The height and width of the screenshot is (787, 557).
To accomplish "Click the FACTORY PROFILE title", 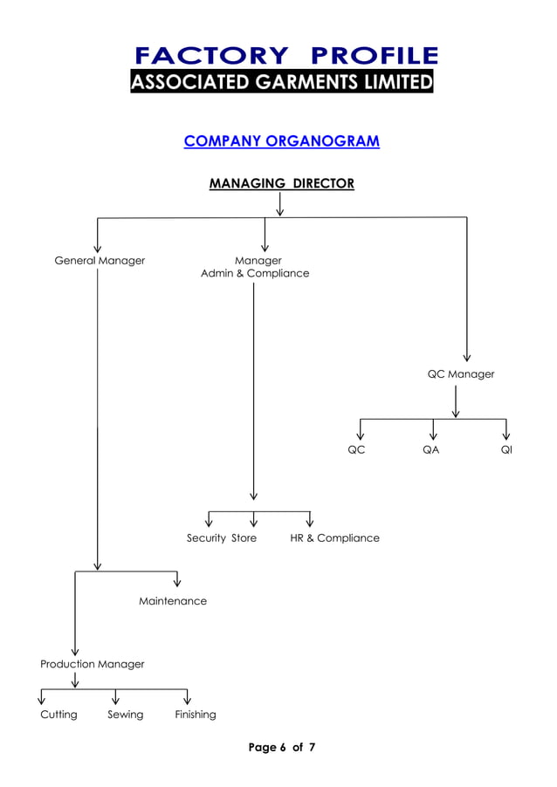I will pyautogui.click(x=285, y=57).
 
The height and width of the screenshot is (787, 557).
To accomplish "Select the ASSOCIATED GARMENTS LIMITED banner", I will pyautogui.click(x=282, y=83).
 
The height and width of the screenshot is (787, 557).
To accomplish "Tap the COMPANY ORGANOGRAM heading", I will pyautogui.click(x=281, y=141).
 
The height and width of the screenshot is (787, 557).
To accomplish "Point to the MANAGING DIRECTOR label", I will pyautogui.click(x=281, y=183).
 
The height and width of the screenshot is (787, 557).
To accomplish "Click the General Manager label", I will pyautogui.click(x=100, y=261).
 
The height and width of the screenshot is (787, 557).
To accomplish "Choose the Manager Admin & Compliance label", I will pyautogui.click(x=255, y=267).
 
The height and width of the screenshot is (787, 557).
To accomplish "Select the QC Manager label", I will pyautogui.click(x=460, y=374).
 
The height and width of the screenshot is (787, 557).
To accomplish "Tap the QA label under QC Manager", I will pyautogui.click(x=430, y=450).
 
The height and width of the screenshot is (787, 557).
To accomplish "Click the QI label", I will pyautogui.click(x=506, y=450).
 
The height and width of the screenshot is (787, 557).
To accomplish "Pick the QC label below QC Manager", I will pyautogui.click(x=356, y=450).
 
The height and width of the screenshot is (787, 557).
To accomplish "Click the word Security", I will pyautogui.click(x=206, y=538).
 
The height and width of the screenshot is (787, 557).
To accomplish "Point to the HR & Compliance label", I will pyautogui.click(x=334, y=538).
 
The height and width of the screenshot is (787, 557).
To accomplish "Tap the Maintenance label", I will pyautogui.click(x=173, y=601).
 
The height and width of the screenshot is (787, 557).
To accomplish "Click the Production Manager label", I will pyautogui.click(x=93, y=664).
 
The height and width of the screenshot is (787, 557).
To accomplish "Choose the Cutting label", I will pyautogui.click(x=58, y=715).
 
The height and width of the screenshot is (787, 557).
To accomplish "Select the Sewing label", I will pyautogui.click(x=125, y=715).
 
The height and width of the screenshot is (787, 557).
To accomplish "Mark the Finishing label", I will pyautogui.click(x=195, y=715).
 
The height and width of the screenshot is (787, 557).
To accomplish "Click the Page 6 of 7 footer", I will pyautogui.click(x=281, y=748).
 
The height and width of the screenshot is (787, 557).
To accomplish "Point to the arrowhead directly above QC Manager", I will pyautogui.click(x=467, y=356).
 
